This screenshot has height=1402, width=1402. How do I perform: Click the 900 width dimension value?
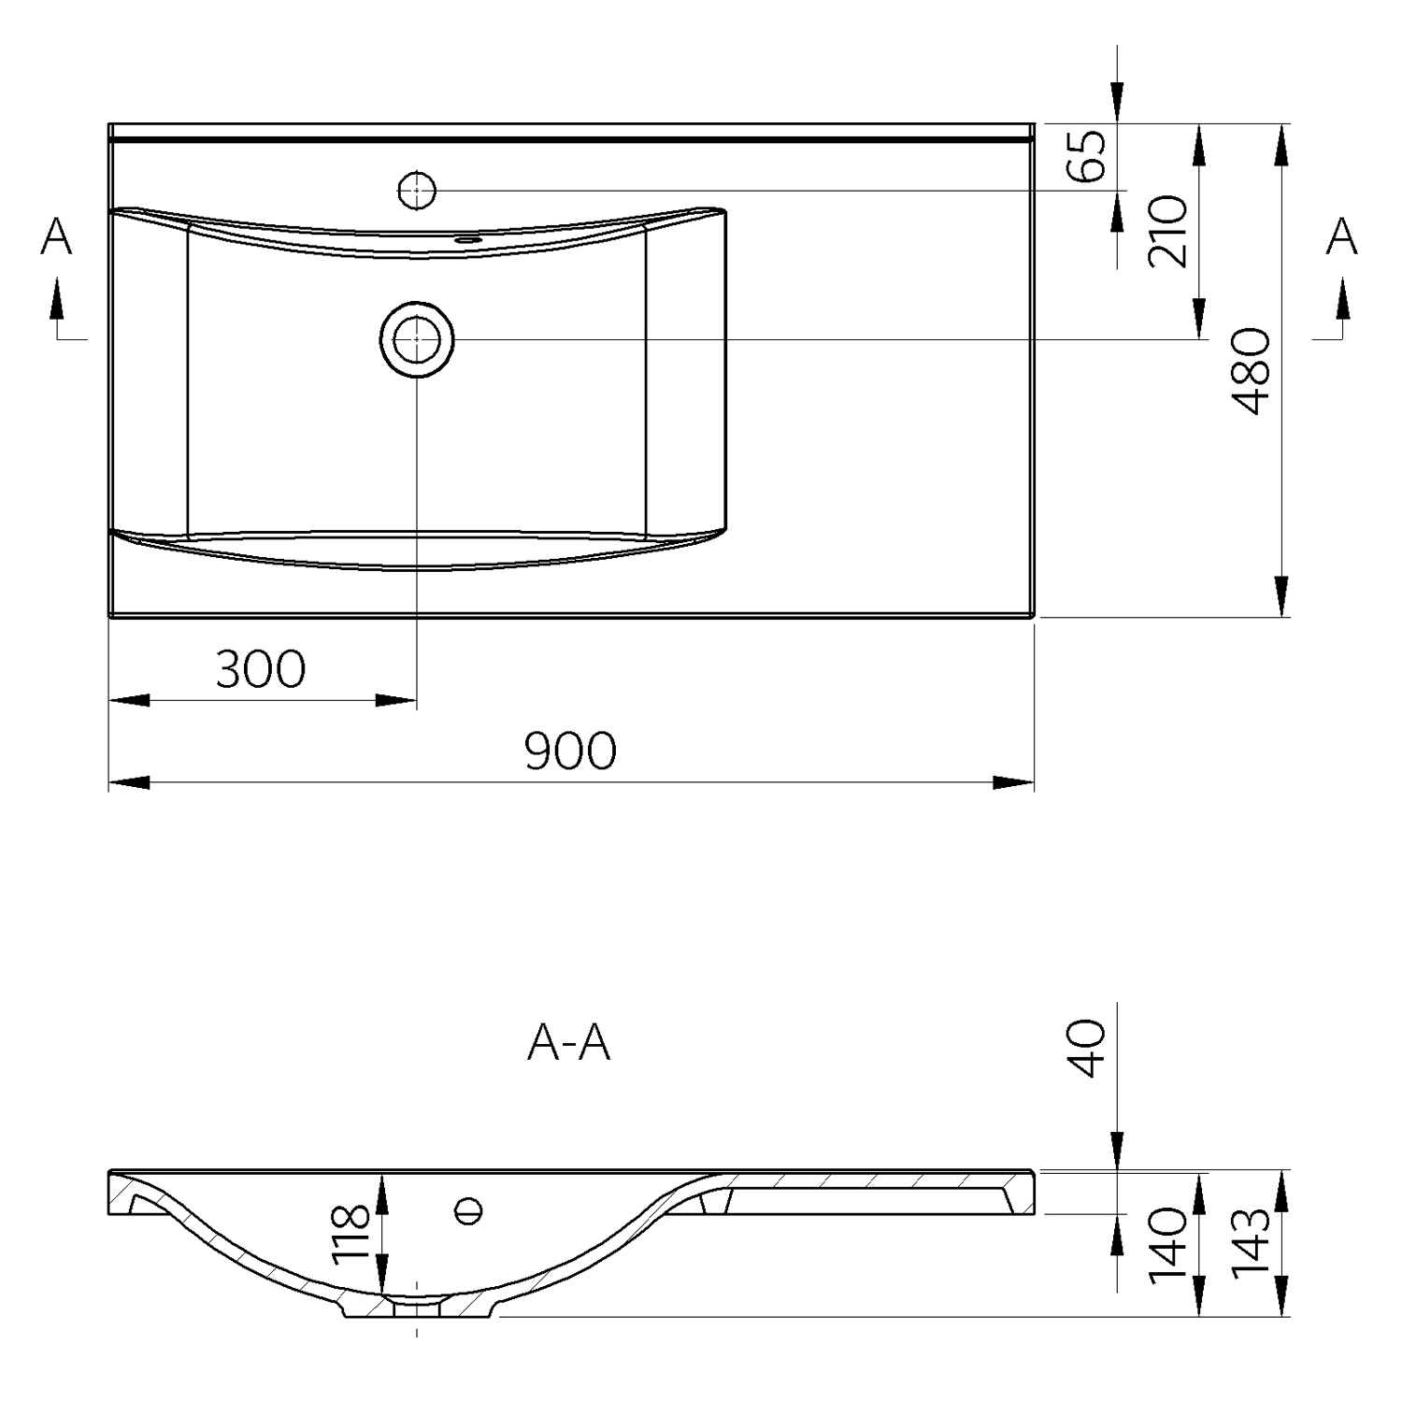click(570, 751)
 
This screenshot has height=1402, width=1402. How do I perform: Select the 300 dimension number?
click(260, 669)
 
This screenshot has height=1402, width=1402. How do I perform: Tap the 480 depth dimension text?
click(1251, 370)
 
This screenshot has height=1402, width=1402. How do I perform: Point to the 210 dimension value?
click(1168, 231)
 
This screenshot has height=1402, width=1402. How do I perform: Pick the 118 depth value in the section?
click(352, 1233)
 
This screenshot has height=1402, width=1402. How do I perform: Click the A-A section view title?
click(569, 1043)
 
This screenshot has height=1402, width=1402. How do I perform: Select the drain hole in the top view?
click(417, 339)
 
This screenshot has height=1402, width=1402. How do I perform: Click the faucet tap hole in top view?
click(417, 191)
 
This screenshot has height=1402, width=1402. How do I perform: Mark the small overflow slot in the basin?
click(467, 240)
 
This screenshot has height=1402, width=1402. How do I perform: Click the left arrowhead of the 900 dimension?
click(129, 782)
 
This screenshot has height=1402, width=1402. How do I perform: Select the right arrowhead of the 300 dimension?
click(396, 700)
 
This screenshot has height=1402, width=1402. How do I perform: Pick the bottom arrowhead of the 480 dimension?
click(1281, 596)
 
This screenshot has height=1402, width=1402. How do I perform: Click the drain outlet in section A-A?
click(417, 1308)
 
